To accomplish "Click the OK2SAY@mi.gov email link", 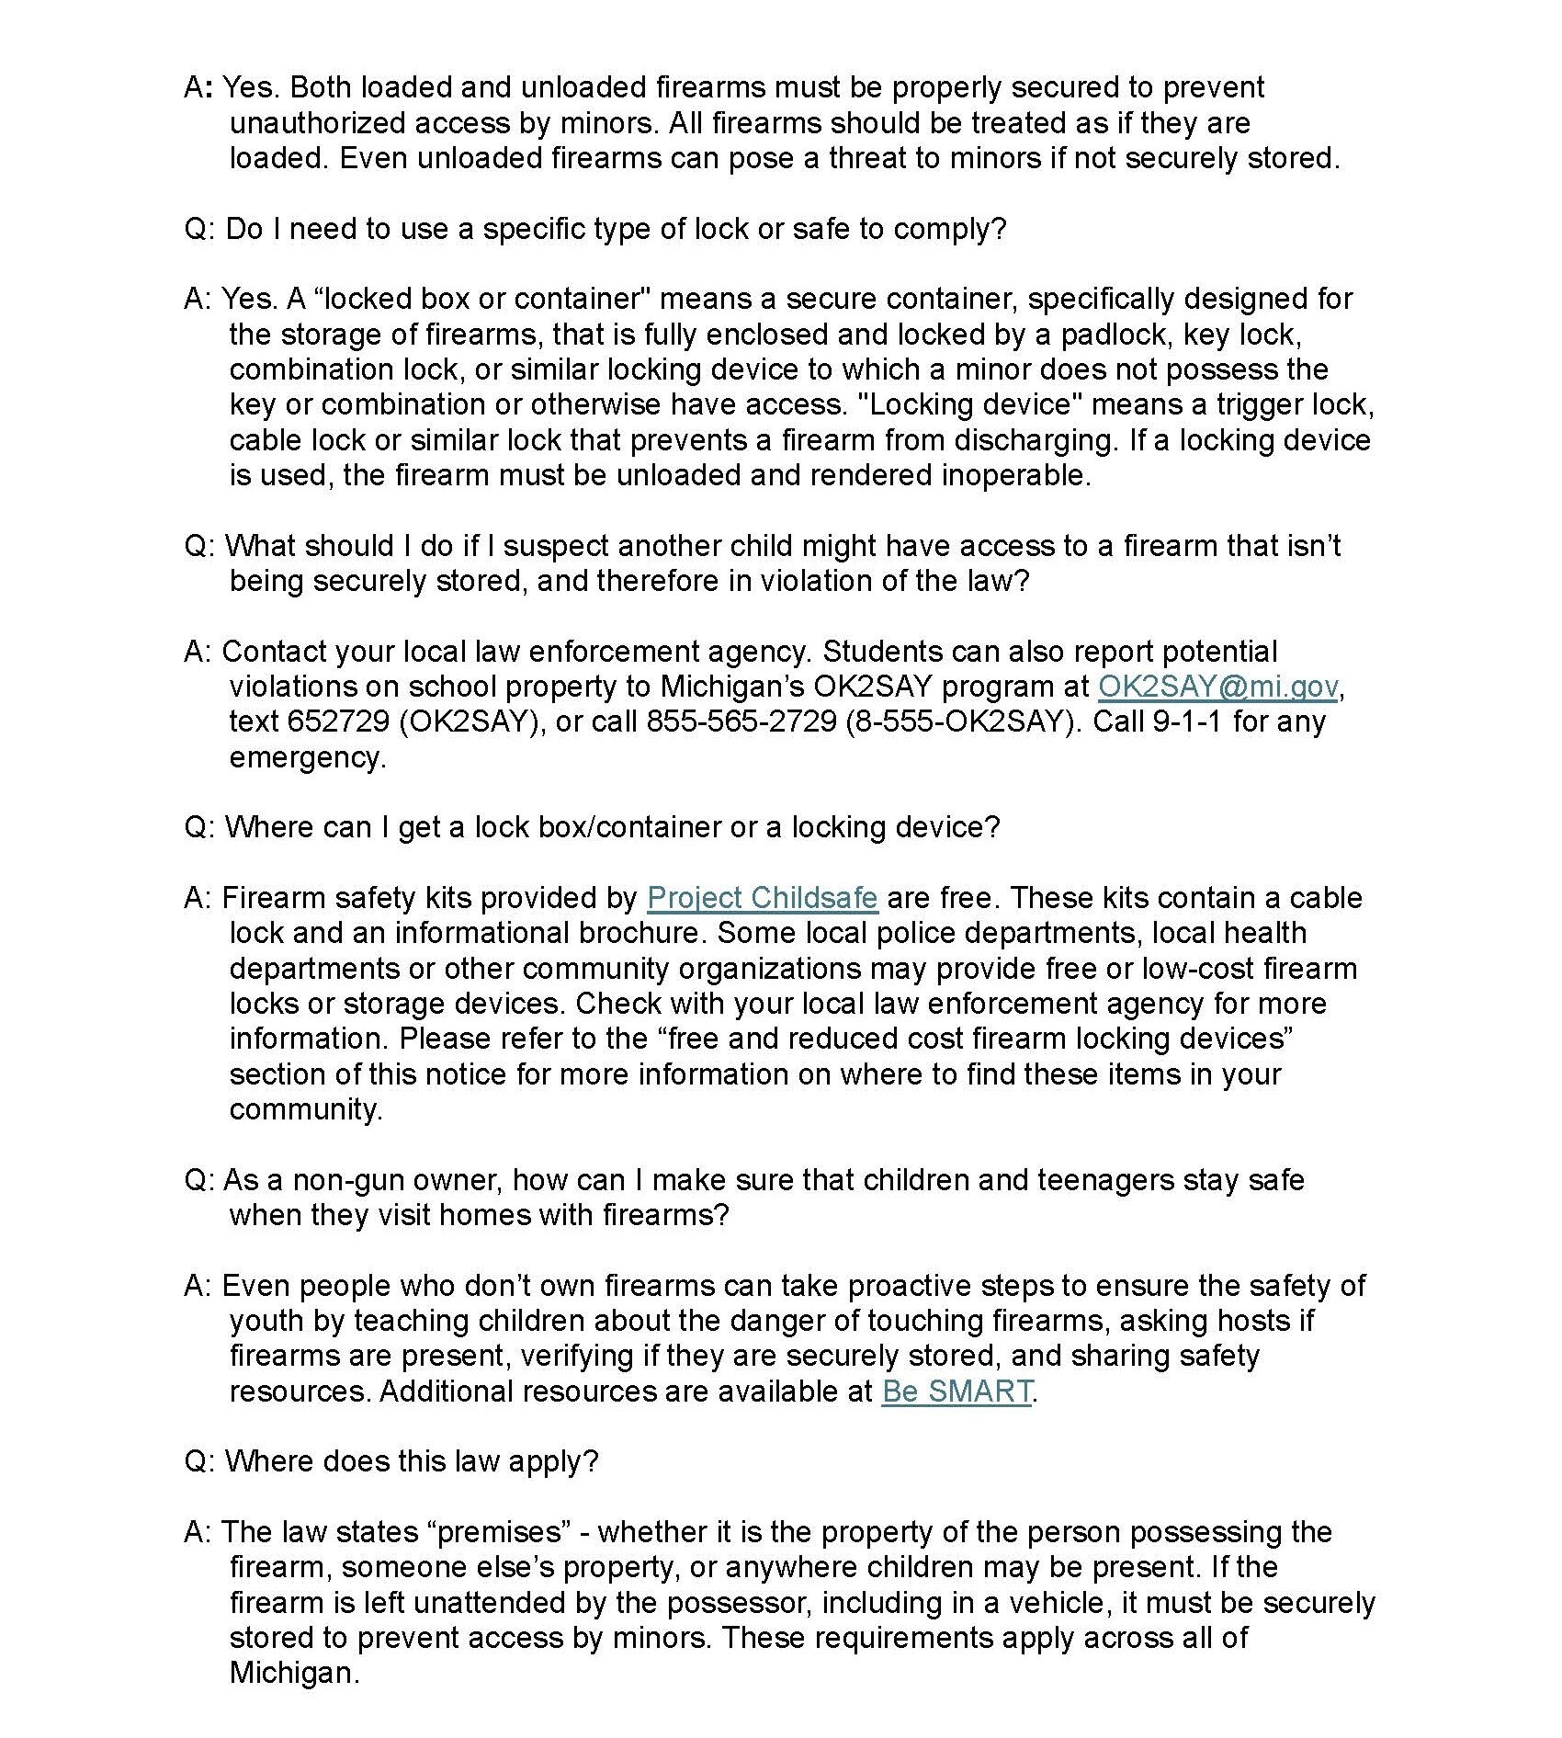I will pyautogui.click(x=1217, y=687).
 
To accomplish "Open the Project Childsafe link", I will pyautogui.click(x=762, y=897).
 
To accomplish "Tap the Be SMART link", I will pyautogui.click(x=956, y=1391).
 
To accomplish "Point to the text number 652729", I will pyautogui.click(x=337, y=721).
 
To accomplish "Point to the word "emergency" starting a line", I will pyautogui.click(x=307, y=757).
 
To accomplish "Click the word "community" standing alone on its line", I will pyautogui.click(x=305, y=1109).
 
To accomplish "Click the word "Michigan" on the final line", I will pyautogui.click(x=293, y=1673).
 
